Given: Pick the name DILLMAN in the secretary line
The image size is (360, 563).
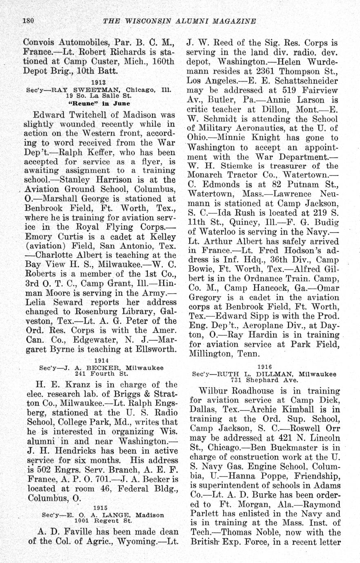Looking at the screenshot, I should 274,374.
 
